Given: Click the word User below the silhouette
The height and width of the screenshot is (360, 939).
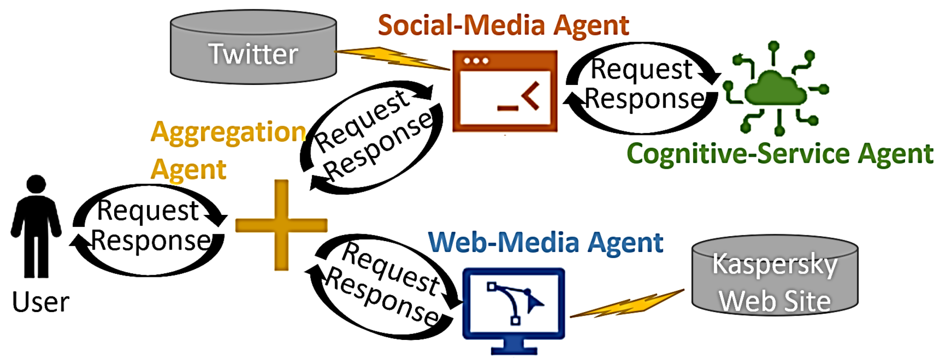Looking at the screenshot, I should tap(41, 302).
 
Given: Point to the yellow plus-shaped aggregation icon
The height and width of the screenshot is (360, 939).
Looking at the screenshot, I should tap(281, 225).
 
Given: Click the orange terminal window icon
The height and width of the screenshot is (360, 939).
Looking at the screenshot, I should tap(505, 91).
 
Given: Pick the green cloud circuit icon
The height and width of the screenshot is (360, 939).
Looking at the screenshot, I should tap(776, 89).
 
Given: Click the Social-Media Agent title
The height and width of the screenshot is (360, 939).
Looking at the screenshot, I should tap(503, 25).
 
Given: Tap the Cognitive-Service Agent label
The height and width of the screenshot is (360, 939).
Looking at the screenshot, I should tap(780, 154).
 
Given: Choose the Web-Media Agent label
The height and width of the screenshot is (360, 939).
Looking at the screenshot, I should tap(546, 243).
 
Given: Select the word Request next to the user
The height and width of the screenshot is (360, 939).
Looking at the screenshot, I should tap(147, 211).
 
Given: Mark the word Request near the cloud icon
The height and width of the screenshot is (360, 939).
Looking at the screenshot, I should tap(641, 69).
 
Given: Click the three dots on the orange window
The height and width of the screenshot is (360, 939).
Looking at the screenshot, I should tap(476, 61).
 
